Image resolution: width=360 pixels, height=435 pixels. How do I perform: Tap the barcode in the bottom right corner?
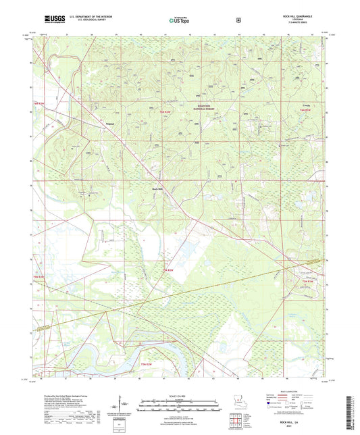(x=351, y=412)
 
